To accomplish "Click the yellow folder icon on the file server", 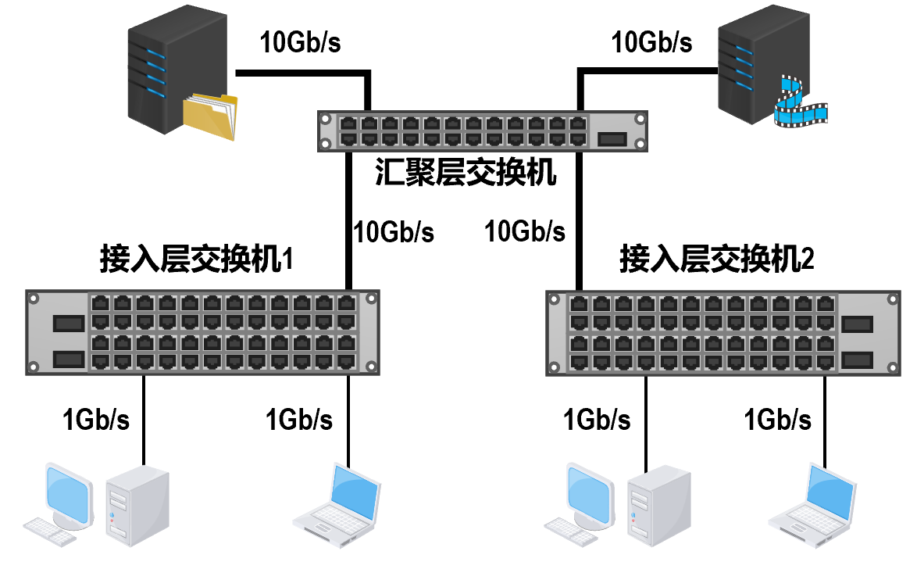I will pyautogui.click(x=209, y=116).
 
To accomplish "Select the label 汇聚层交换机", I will pyautogui.click(x=466, y=172).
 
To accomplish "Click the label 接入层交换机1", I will pyautogui.click(x=196, y=259).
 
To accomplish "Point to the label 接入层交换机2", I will pyautogui.click(x=716, y=259).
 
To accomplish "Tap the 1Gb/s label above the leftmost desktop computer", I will pyautogui.click(x=96, y=420).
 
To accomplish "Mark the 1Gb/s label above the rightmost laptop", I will pyautogui.click(x=777, y=420).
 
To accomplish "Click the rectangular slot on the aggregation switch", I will pyautogui.click(x=612, y=139).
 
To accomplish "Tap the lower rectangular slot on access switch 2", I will pyautogui.click(x=857, y=359).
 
